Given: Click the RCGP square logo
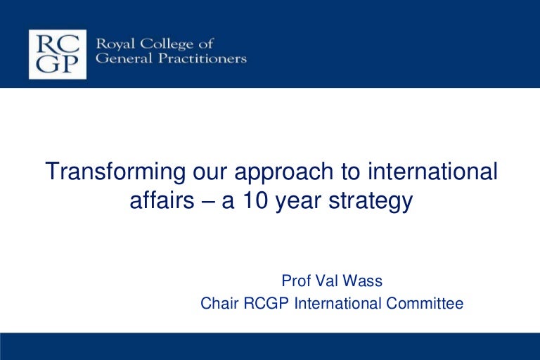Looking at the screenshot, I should [x=58, y=54].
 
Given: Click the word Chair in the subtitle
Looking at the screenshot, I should [x=218, y=304].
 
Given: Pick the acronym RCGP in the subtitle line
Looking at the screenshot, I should [x=266, y=304].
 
